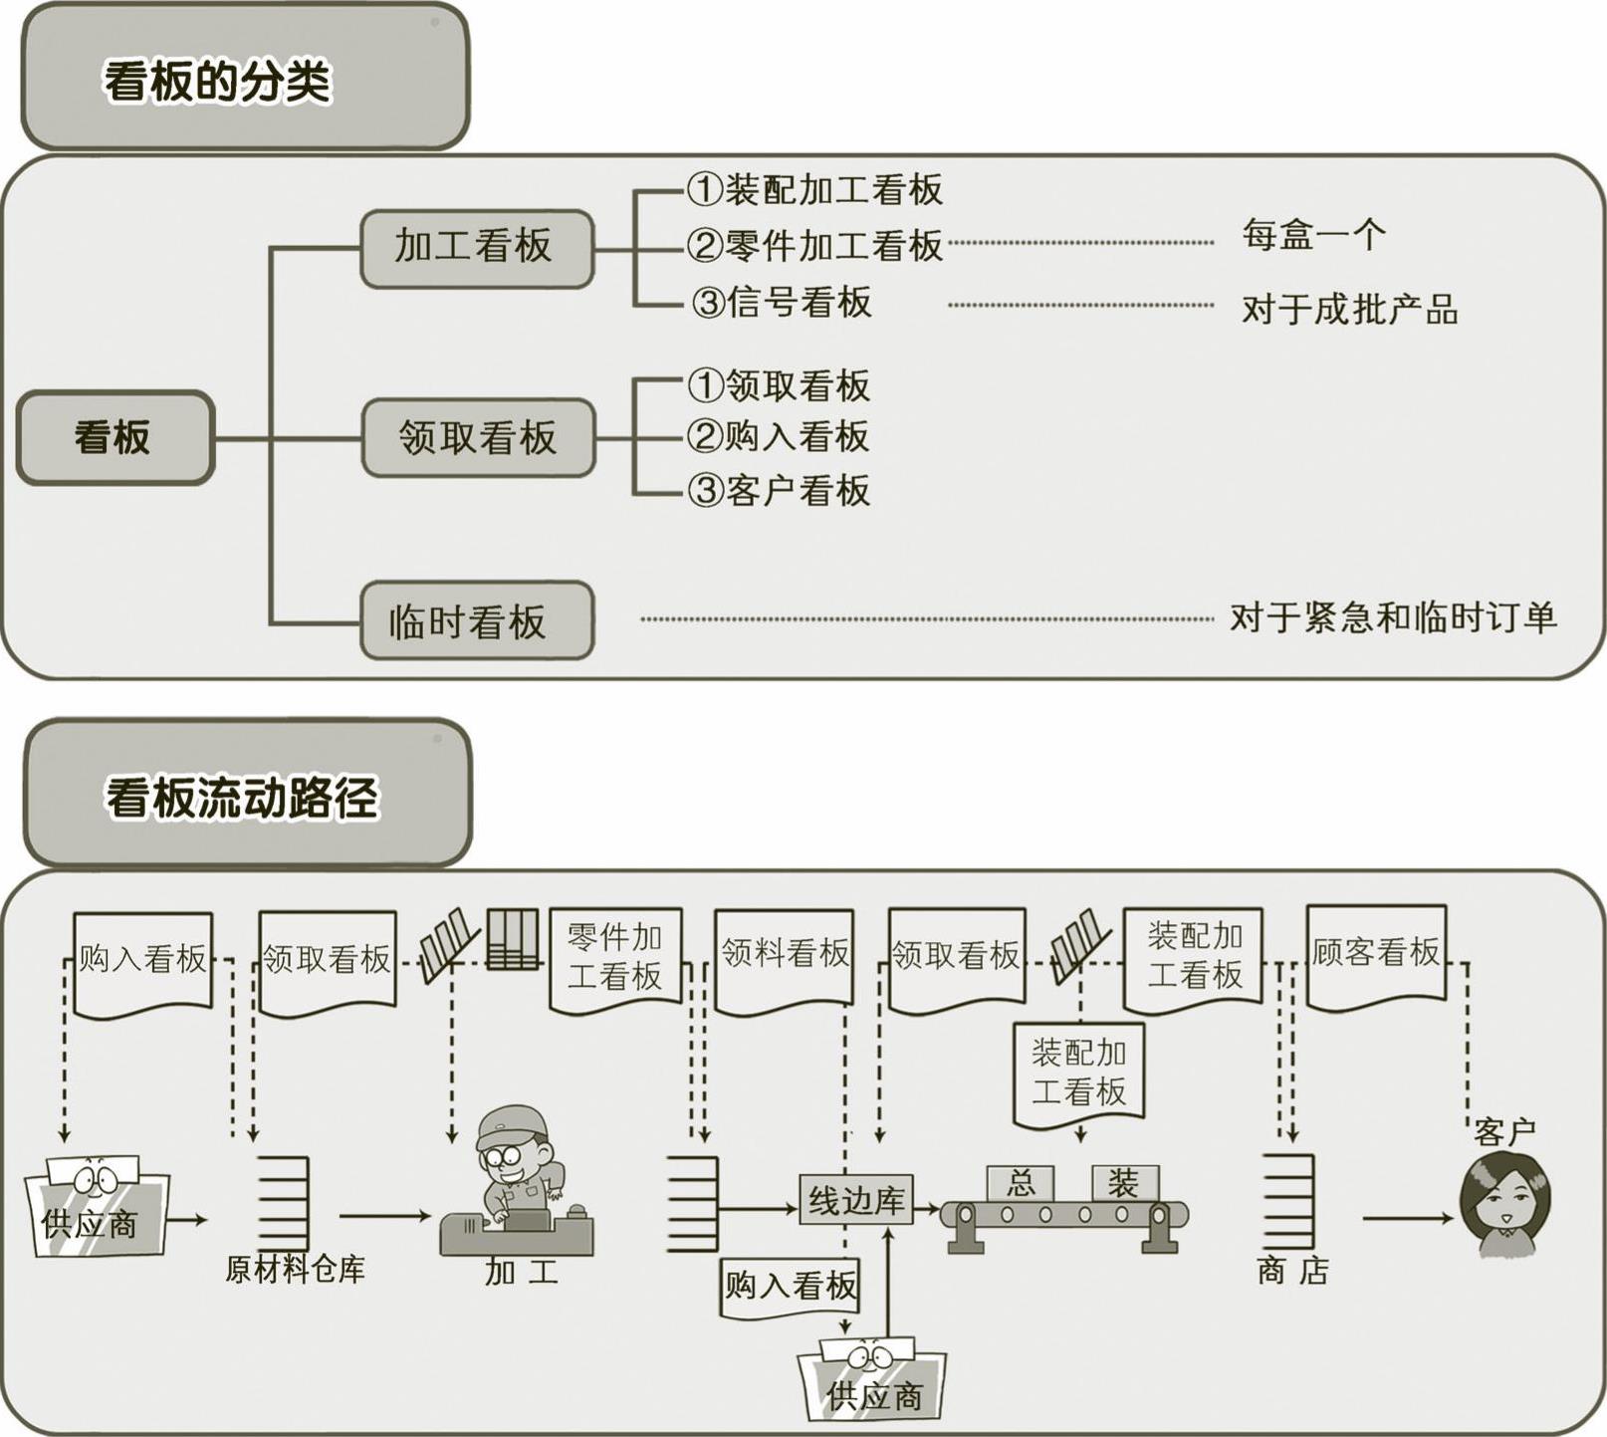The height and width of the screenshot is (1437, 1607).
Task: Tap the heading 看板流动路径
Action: coord(243,798)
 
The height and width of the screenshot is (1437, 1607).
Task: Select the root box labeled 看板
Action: coord(114,437)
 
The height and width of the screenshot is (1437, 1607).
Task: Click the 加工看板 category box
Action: coord(475,247)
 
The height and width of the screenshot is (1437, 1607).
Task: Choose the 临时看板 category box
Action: coord(475,621)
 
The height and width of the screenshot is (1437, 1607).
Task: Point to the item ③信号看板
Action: coord(783,302)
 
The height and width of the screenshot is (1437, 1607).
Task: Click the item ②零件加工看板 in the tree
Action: coord(814,245)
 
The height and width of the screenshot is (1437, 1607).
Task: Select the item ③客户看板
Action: coord(780,490)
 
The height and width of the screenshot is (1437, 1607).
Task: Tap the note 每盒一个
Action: coord(1313,236)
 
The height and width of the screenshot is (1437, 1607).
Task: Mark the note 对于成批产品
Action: coord(1349,310)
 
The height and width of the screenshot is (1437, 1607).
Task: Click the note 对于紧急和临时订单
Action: coord(1392,617)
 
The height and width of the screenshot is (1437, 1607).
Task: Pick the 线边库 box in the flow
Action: coord(855,1200)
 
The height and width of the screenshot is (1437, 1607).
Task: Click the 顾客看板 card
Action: coord(1375,953)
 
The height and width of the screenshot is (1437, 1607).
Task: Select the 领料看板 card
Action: coord(785,954)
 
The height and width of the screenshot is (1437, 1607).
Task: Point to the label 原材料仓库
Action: coord(295,1270)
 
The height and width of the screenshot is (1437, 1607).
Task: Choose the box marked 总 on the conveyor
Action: coord(1021,1183)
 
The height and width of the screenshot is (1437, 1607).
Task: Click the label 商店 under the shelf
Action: coord(1292,1271)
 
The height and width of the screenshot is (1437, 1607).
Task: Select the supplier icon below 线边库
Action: coord(873,1379)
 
